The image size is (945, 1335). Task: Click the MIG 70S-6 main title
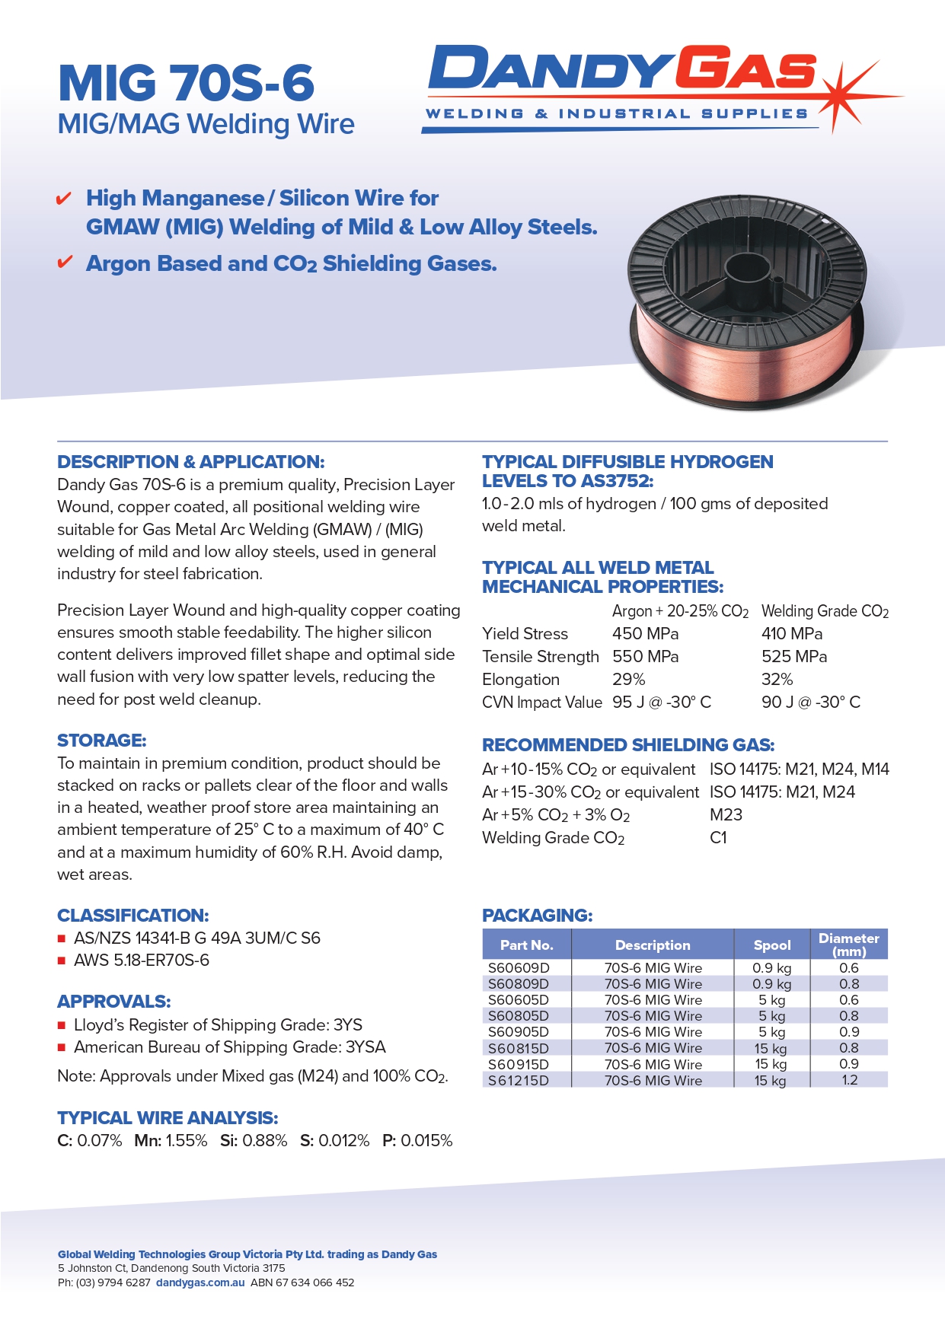[186, 83]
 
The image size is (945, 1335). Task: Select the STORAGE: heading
[101, 741]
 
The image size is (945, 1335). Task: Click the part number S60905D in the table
[518, 1032]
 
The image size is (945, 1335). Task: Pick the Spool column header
[771, 945]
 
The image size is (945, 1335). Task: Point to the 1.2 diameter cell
[849, 1080]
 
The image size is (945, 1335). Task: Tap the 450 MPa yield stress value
[645, 634]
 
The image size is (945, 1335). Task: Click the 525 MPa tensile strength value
[793, 657]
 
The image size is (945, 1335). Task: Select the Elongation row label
[520, 680]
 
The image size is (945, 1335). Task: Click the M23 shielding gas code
[725, 815]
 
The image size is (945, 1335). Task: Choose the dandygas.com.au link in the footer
[200, 1282]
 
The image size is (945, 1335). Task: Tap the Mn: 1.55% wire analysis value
[171, 1141]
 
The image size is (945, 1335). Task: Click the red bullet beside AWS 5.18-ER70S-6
[62, 961]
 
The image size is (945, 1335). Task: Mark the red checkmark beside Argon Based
[65, 263]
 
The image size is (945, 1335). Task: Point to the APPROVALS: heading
[113, 1002]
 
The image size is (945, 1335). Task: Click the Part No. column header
[526, 945]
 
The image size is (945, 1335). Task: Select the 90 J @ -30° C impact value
[810, 703]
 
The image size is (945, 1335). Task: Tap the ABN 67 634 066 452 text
[302, 1282]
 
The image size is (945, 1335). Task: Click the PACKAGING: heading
[537, 916]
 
